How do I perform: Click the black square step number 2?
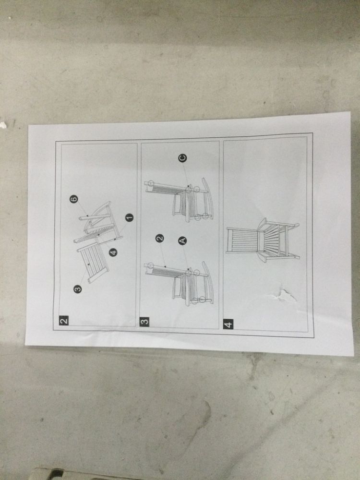pyautogui.click(x=64, y=321)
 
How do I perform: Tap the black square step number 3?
pyautogui.click(x=144, y=322)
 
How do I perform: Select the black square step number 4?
pyautogui.click(x=228, y=324)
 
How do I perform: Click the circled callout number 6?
pyautogui.click(x=73, y=199)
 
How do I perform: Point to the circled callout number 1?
pyautogui.click(x=129, y=217)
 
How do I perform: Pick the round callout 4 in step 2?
pyautogui.click(x=113, y=252)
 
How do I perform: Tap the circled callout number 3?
pyautogui.click(x=78, y=288)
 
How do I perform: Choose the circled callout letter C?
pyautogui.click(x=182, y=158)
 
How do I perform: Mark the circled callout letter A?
pyautogui.click(x=182, y=241)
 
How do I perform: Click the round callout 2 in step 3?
pyautogui.click(x=159, y=238)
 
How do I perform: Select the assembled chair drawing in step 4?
pyautogui.click(x=263, y=240)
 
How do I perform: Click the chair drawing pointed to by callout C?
pyautogui.click(x=179, y=200)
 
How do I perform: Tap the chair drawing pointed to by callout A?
pyautogui.click(x=179, y=284)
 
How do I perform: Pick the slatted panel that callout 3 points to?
pyautogui.click(x=93, y=263)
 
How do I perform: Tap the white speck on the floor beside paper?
pyautogui.click(x=3, y=125)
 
